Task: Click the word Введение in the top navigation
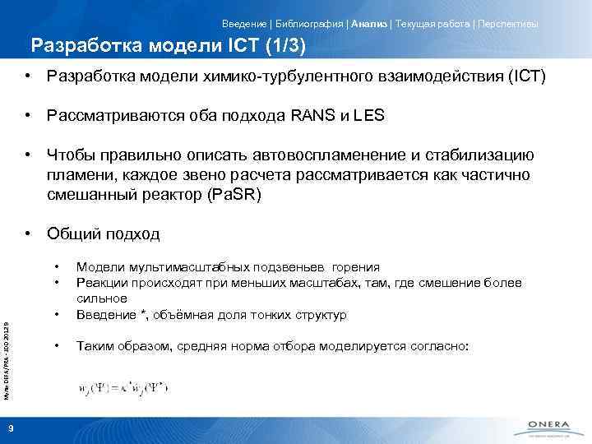tap(243, 24)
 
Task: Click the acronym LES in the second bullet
tap(369, 116)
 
